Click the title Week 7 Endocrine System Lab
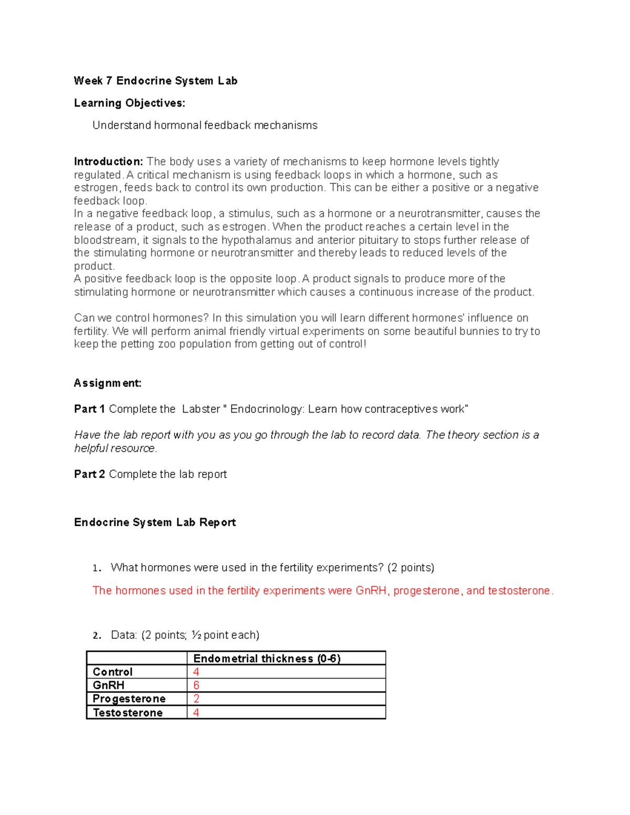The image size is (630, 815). coord(155,81)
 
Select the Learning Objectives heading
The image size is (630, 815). coord(129,103)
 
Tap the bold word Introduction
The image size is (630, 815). coord(108,162)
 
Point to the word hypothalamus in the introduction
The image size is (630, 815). coord(256,240)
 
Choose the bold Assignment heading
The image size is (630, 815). coord(108,383)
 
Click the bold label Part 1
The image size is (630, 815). coord(89,409)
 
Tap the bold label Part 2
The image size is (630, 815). coord(89,474)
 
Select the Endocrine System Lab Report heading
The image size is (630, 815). coord(155,523)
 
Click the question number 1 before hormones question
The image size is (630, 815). coord(96,568)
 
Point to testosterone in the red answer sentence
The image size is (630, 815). coord(519,591)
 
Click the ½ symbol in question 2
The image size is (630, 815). coord(196,636)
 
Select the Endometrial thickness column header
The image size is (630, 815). coord(267,659)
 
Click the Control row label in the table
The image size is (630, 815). coord(112,672)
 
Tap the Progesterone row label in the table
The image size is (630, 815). coord(129,699)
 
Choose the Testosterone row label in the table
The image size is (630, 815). coord(128,713)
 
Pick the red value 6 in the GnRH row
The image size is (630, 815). coord(196,685)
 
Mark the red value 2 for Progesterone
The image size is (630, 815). coord(196,699)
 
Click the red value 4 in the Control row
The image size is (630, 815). coord(196,672)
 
